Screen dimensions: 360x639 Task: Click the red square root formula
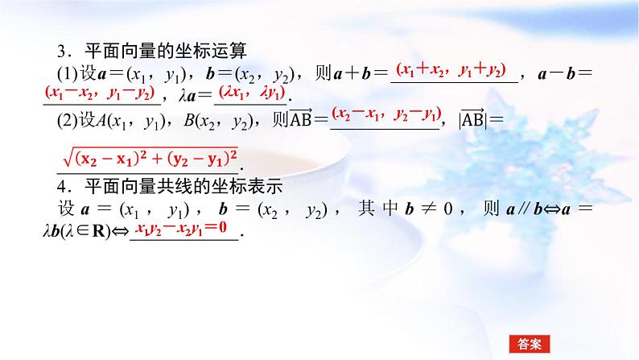coord(150,155)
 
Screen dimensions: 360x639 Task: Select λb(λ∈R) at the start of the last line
coord(80,231)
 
